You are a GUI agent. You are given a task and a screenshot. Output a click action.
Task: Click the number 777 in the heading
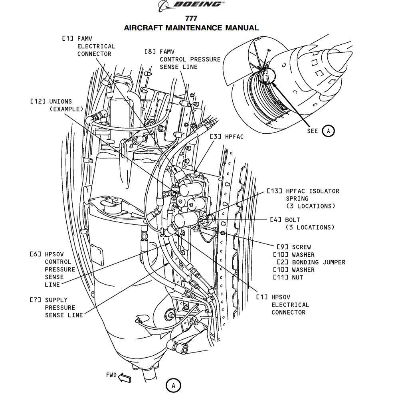coord(191,19)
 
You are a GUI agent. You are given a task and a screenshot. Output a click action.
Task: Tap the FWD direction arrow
coord(125,377)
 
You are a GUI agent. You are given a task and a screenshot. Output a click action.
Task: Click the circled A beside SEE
coord(328,131)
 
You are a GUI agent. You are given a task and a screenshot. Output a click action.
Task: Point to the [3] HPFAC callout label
coord(227,137)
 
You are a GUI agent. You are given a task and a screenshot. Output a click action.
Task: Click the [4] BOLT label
coord(285,220)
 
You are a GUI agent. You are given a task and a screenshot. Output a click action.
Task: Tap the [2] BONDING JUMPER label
coord(311,262)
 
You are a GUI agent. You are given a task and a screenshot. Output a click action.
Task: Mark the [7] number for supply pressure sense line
coord(34,300)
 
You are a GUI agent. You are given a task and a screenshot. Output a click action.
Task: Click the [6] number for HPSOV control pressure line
coord(34,254)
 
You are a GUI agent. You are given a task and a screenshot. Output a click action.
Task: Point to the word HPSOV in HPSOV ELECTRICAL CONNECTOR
coord(281,297)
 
